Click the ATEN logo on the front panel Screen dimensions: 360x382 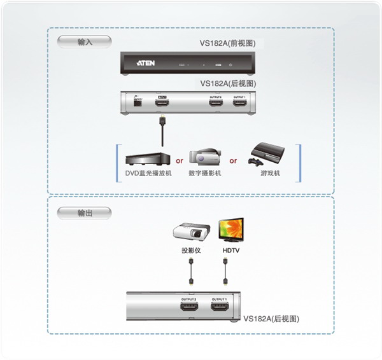[146, 64]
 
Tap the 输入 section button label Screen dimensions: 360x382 [84, 42]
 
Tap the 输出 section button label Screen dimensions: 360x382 [84, 213]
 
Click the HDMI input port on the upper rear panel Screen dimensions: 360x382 [162, 102]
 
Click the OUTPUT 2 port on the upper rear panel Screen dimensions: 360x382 [216, 102]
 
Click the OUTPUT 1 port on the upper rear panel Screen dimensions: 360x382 [239, 102]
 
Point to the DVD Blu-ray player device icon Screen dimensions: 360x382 [147, 158]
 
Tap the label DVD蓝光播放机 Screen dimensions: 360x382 [148, 173]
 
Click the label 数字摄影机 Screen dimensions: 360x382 [204, 173]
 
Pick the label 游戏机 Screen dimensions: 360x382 [269, 173]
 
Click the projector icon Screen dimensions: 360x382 [190, 232]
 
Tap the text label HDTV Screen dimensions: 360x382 [230, 251]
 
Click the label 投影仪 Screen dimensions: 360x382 [190, 251]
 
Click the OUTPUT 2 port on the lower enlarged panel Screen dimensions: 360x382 [189, 308]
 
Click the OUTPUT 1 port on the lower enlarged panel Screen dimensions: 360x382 [220, 308]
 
